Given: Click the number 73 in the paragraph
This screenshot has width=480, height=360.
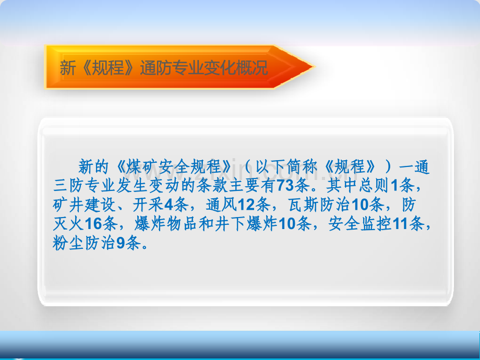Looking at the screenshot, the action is pos(285,186).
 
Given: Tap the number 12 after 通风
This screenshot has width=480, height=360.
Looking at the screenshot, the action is pos(246,205).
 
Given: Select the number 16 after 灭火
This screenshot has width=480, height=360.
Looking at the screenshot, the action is pos(93,224).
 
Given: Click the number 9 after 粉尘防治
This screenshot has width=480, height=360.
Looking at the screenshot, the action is pos(121,243).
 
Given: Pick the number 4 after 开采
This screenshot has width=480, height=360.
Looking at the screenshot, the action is pos(169,205).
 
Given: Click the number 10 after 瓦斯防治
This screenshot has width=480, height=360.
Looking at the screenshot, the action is pos(361,205).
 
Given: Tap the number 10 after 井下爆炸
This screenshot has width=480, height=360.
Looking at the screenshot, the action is pos(287,224).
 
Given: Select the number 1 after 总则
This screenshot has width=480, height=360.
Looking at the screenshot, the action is pos(395,186).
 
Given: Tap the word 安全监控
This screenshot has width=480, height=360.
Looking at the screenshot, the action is pos(360,224).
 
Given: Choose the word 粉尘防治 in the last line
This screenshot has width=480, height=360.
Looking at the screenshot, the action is pos(84,243).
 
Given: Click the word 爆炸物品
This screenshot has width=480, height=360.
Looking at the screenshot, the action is pos(166,224).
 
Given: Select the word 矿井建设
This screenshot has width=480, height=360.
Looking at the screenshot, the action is pos(84,205).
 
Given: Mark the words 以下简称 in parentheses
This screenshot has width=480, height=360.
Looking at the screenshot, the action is pos(286,167).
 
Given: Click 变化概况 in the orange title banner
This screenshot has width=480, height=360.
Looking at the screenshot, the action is pos(236,68).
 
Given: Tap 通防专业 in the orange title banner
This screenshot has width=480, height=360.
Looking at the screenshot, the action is pos(172,68).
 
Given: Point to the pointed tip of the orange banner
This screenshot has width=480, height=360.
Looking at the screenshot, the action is pos(314,66).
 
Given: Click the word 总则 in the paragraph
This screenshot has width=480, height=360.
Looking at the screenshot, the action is pos(375,186).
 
